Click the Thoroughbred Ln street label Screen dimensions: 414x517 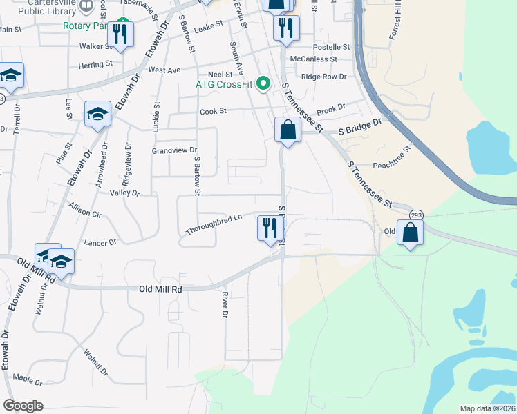coord(214,225)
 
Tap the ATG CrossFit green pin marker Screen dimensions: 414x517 coord(263,85)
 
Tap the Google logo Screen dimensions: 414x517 coord(23,406)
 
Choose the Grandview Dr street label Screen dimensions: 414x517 coord(175,150)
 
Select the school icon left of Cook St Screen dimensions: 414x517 coord(97,115)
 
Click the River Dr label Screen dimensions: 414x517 coord(225,304)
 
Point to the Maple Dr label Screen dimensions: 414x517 coord(28,380)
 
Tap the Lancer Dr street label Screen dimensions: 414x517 coord(100,243)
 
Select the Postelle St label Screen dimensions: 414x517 coord(332,47)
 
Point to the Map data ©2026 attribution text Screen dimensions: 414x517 coord(488,408)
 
